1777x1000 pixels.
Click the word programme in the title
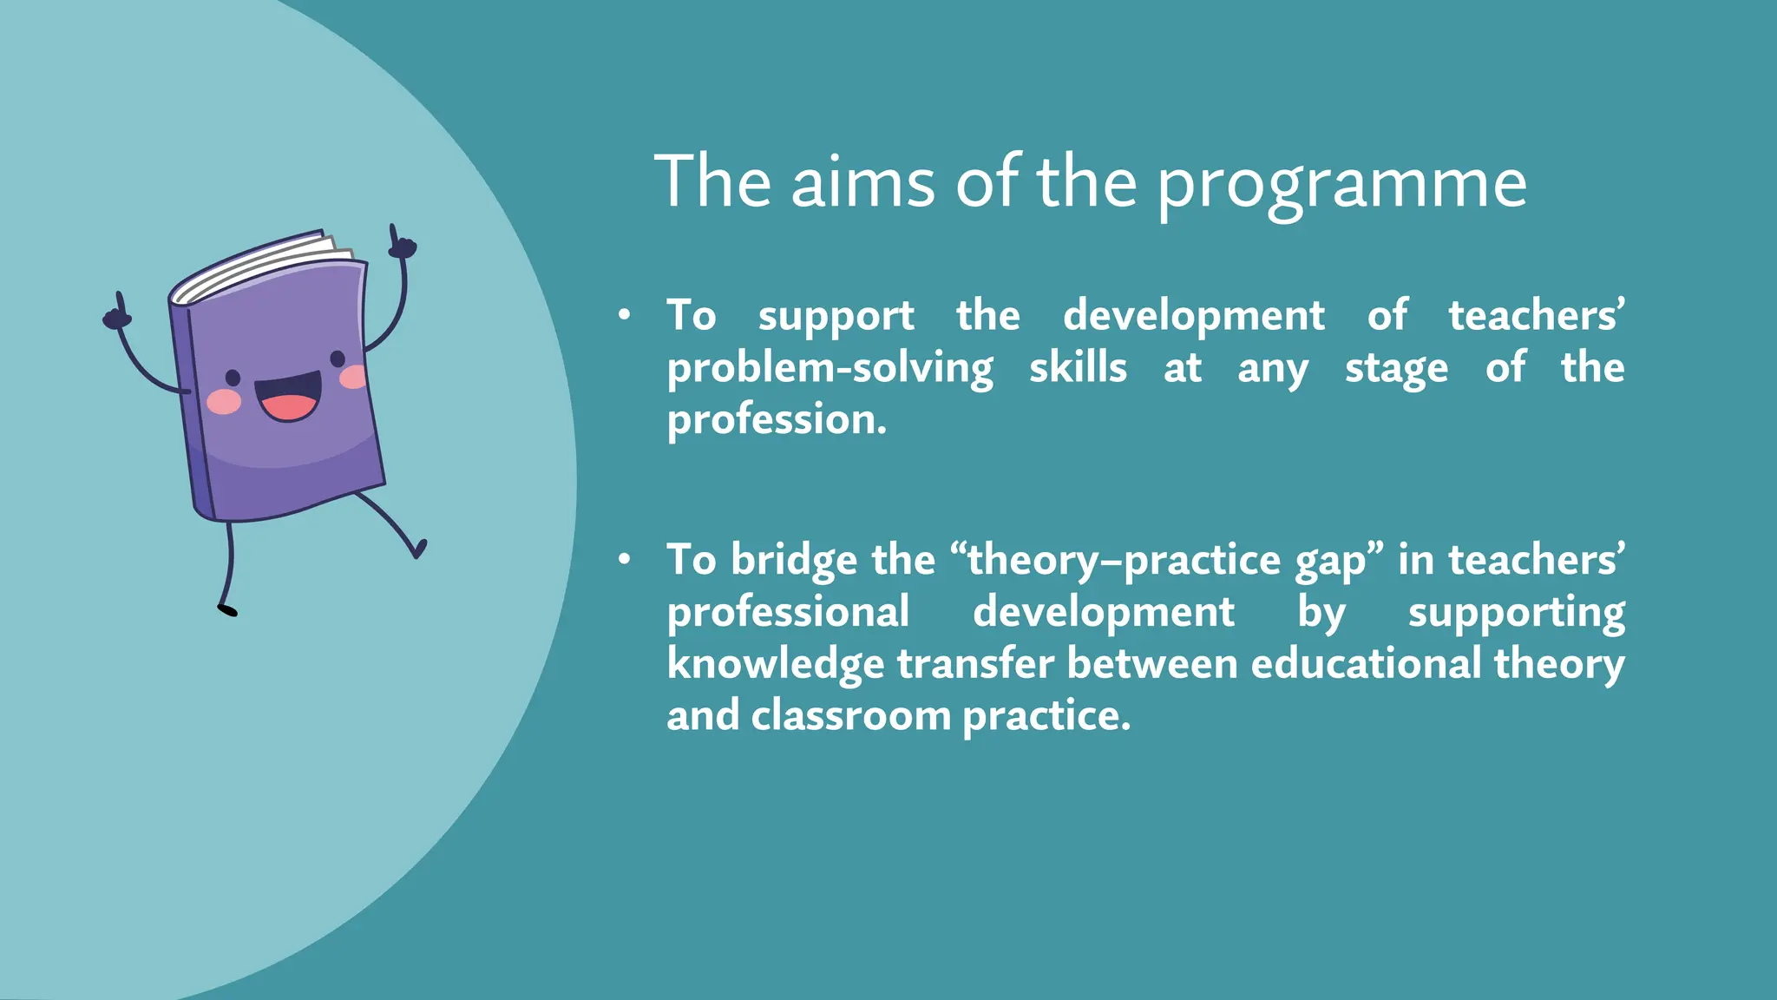tap(1342, 184)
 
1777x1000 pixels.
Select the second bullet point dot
tap(624, 560)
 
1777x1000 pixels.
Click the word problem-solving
tap(829, 369)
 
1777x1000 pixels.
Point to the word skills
tap(1078, 367)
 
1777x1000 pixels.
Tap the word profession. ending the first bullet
tap(777, 421)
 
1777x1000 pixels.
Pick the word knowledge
tap(776, 665)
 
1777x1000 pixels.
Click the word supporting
tap(1516, 613)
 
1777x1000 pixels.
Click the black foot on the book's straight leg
tap(227, 610)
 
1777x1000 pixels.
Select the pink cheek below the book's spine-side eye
tap(224, 401)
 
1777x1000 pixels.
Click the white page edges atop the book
tap(260, 265)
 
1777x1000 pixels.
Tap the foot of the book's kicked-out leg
tap(420, 549)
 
